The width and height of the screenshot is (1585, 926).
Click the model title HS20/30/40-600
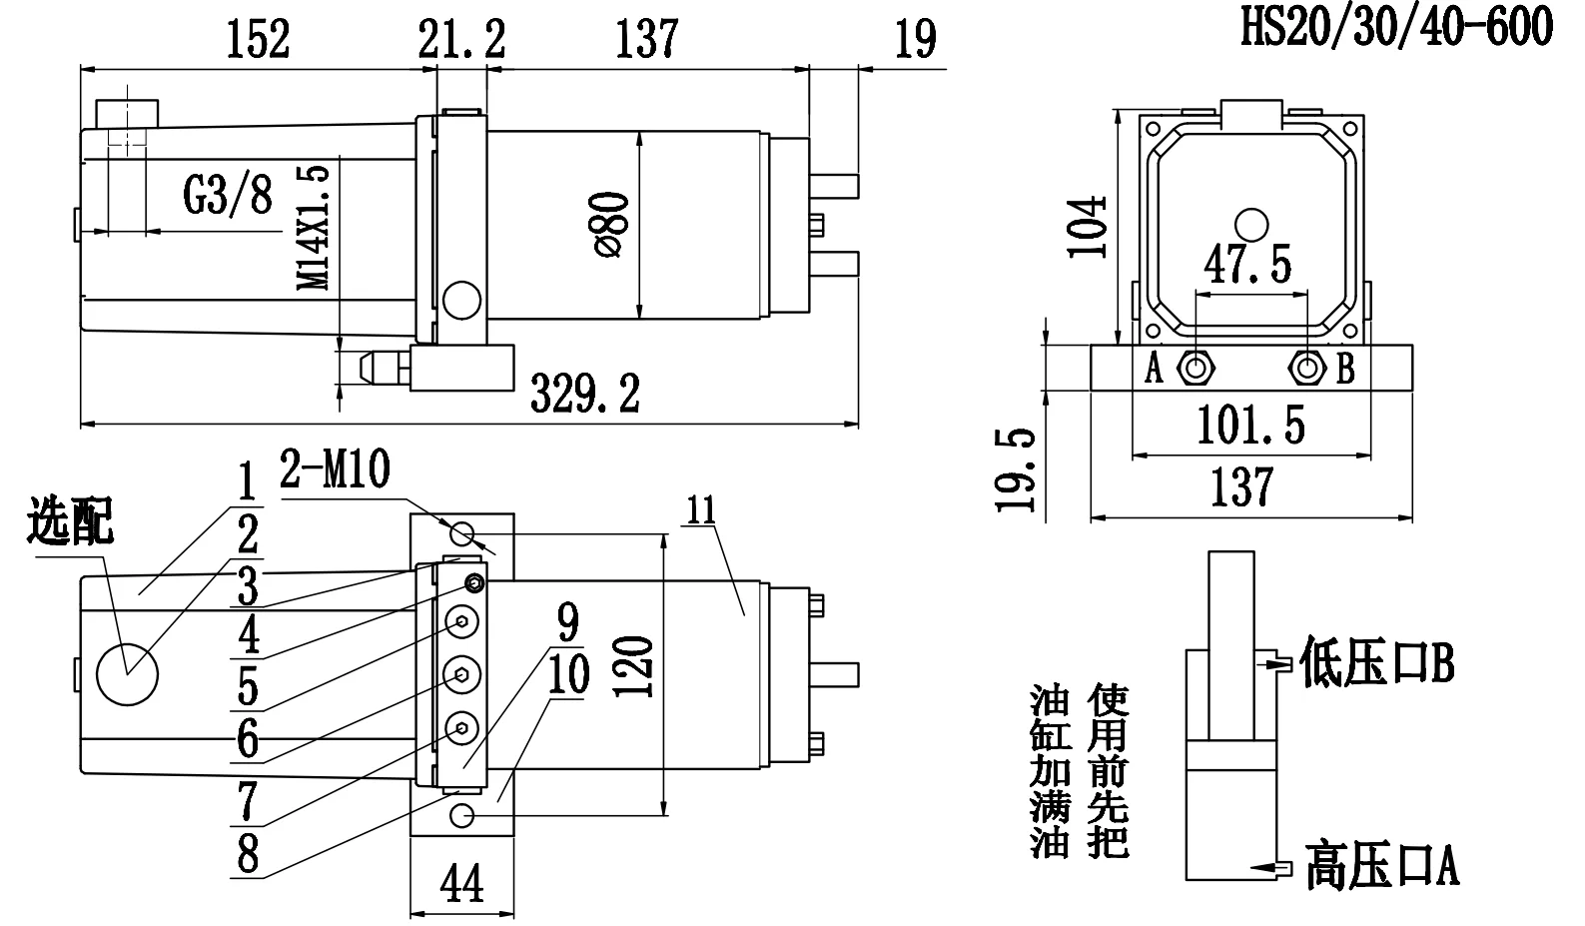click(1396, 27)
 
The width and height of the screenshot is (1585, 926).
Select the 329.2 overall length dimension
click(584, 393)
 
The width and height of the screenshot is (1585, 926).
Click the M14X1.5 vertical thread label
click(315, 227)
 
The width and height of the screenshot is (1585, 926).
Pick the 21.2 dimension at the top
click(461, 40)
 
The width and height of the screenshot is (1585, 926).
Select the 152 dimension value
click(258, 40)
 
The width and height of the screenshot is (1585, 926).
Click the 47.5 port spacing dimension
click(1247, 265)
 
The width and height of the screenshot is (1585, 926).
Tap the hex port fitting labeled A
click(1195, 369)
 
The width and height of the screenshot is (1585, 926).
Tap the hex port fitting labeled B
click(1306, 369)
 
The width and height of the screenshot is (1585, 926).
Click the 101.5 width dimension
click(1250, 428)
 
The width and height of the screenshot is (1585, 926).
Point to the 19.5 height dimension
click(1017, 469)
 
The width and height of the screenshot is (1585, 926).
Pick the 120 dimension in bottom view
click(636, 667)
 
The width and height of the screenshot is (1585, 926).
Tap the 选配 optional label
click(71, 520)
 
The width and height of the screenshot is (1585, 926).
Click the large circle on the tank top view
click(127, 675)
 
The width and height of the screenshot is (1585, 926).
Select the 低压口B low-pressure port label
click(1376, 663)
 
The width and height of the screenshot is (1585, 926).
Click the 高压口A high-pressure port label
click(1381, 865)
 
